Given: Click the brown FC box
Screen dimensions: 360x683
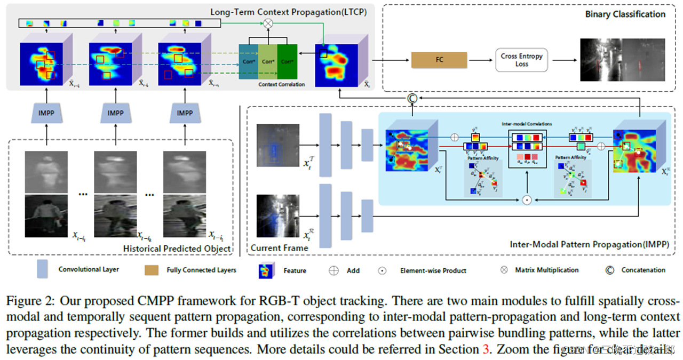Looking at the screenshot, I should pos(439,60).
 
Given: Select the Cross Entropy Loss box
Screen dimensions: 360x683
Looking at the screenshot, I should pos(521,60).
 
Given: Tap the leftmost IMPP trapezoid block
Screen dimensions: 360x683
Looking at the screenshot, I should pos(46,113).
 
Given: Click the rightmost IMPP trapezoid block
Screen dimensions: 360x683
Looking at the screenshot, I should pos(185,113).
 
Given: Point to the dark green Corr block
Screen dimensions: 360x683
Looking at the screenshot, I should pos(287,62).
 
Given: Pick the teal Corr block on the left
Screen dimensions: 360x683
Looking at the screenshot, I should pos(248,62).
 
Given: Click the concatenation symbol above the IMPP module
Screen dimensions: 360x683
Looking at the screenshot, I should pos(411,98).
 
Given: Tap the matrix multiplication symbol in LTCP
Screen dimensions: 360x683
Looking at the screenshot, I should pos(268,23).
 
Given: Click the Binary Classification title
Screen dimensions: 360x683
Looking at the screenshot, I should pos(625,14).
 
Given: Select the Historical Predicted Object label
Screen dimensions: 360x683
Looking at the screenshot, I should pos(177,249).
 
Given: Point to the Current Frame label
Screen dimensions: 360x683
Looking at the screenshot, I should pos(279,248).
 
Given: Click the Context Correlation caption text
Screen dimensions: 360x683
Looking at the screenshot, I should pos(281,85).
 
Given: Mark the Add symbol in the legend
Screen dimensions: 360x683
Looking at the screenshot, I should pos(333,270).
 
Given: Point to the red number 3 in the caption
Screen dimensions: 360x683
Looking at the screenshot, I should pos(483,349).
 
